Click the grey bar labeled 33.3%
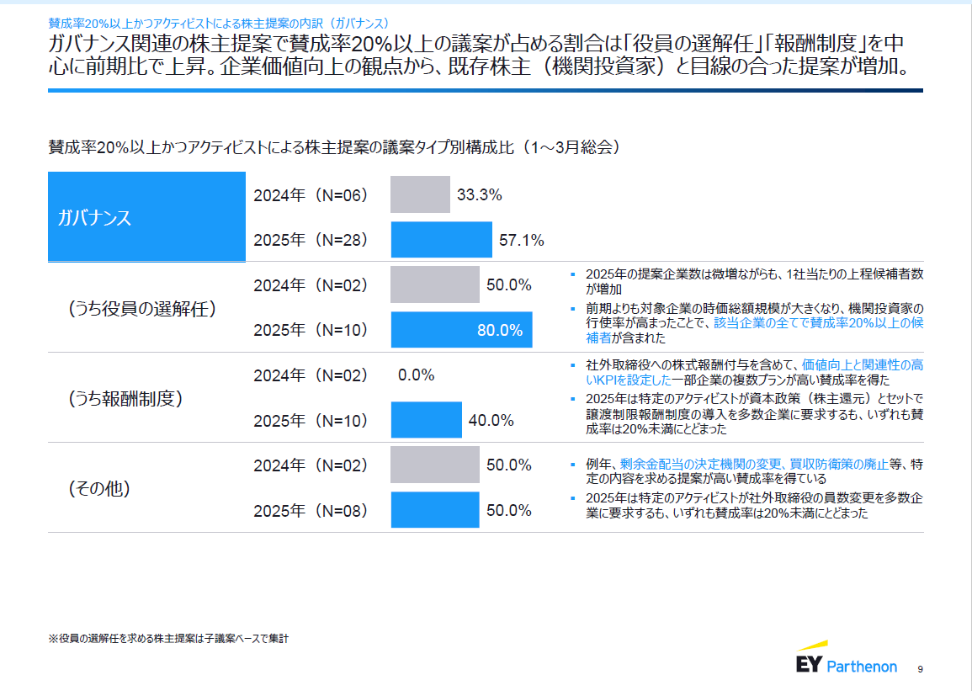point(420,194)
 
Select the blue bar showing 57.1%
point(441,240)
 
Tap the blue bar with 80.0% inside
point(461,330)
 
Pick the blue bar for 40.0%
point(426,420)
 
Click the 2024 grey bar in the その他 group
point(434,465)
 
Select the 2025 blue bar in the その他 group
point(434,510)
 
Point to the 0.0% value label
point(416,375)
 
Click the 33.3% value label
point(479,195)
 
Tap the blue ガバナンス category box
point(146,217)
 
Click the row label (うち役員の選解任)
point(142,308)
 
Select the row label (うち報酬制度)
point(125,398)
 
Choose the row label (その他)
point(99,488)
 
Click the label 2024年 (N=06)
point(311,195)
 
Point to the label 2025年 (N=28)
point(311,241)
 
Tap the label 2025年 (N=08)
point(311,511)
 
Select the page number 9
point(920,669)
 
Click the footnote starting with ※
point(168,639)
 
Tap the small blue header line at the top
point(219,21)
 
